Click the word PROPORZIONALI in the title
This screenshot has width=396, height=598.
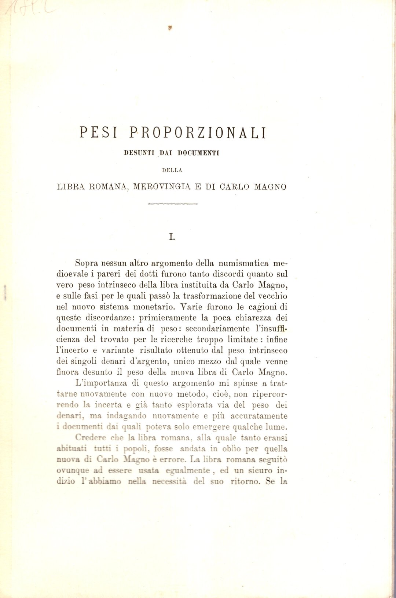pos(198,132)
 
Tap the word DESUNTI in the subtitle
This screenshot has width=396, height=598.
pos(139,153)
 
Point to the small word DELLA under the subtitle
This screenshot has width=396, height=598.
pos(172,170)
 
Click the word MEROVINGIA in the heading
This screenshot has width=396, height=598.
pos(162,187)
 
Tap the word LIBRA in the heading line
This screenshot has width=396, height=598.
pos(71,187)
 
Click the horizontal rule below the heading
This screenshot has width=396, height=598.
pos(172,204)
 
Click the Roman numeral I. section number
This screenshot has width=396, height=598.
pos(172,237)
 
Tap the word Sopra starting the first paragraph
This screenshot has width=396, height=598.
pos(87,263)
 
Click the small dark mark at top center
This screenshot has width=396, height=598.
pos(170,27)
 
